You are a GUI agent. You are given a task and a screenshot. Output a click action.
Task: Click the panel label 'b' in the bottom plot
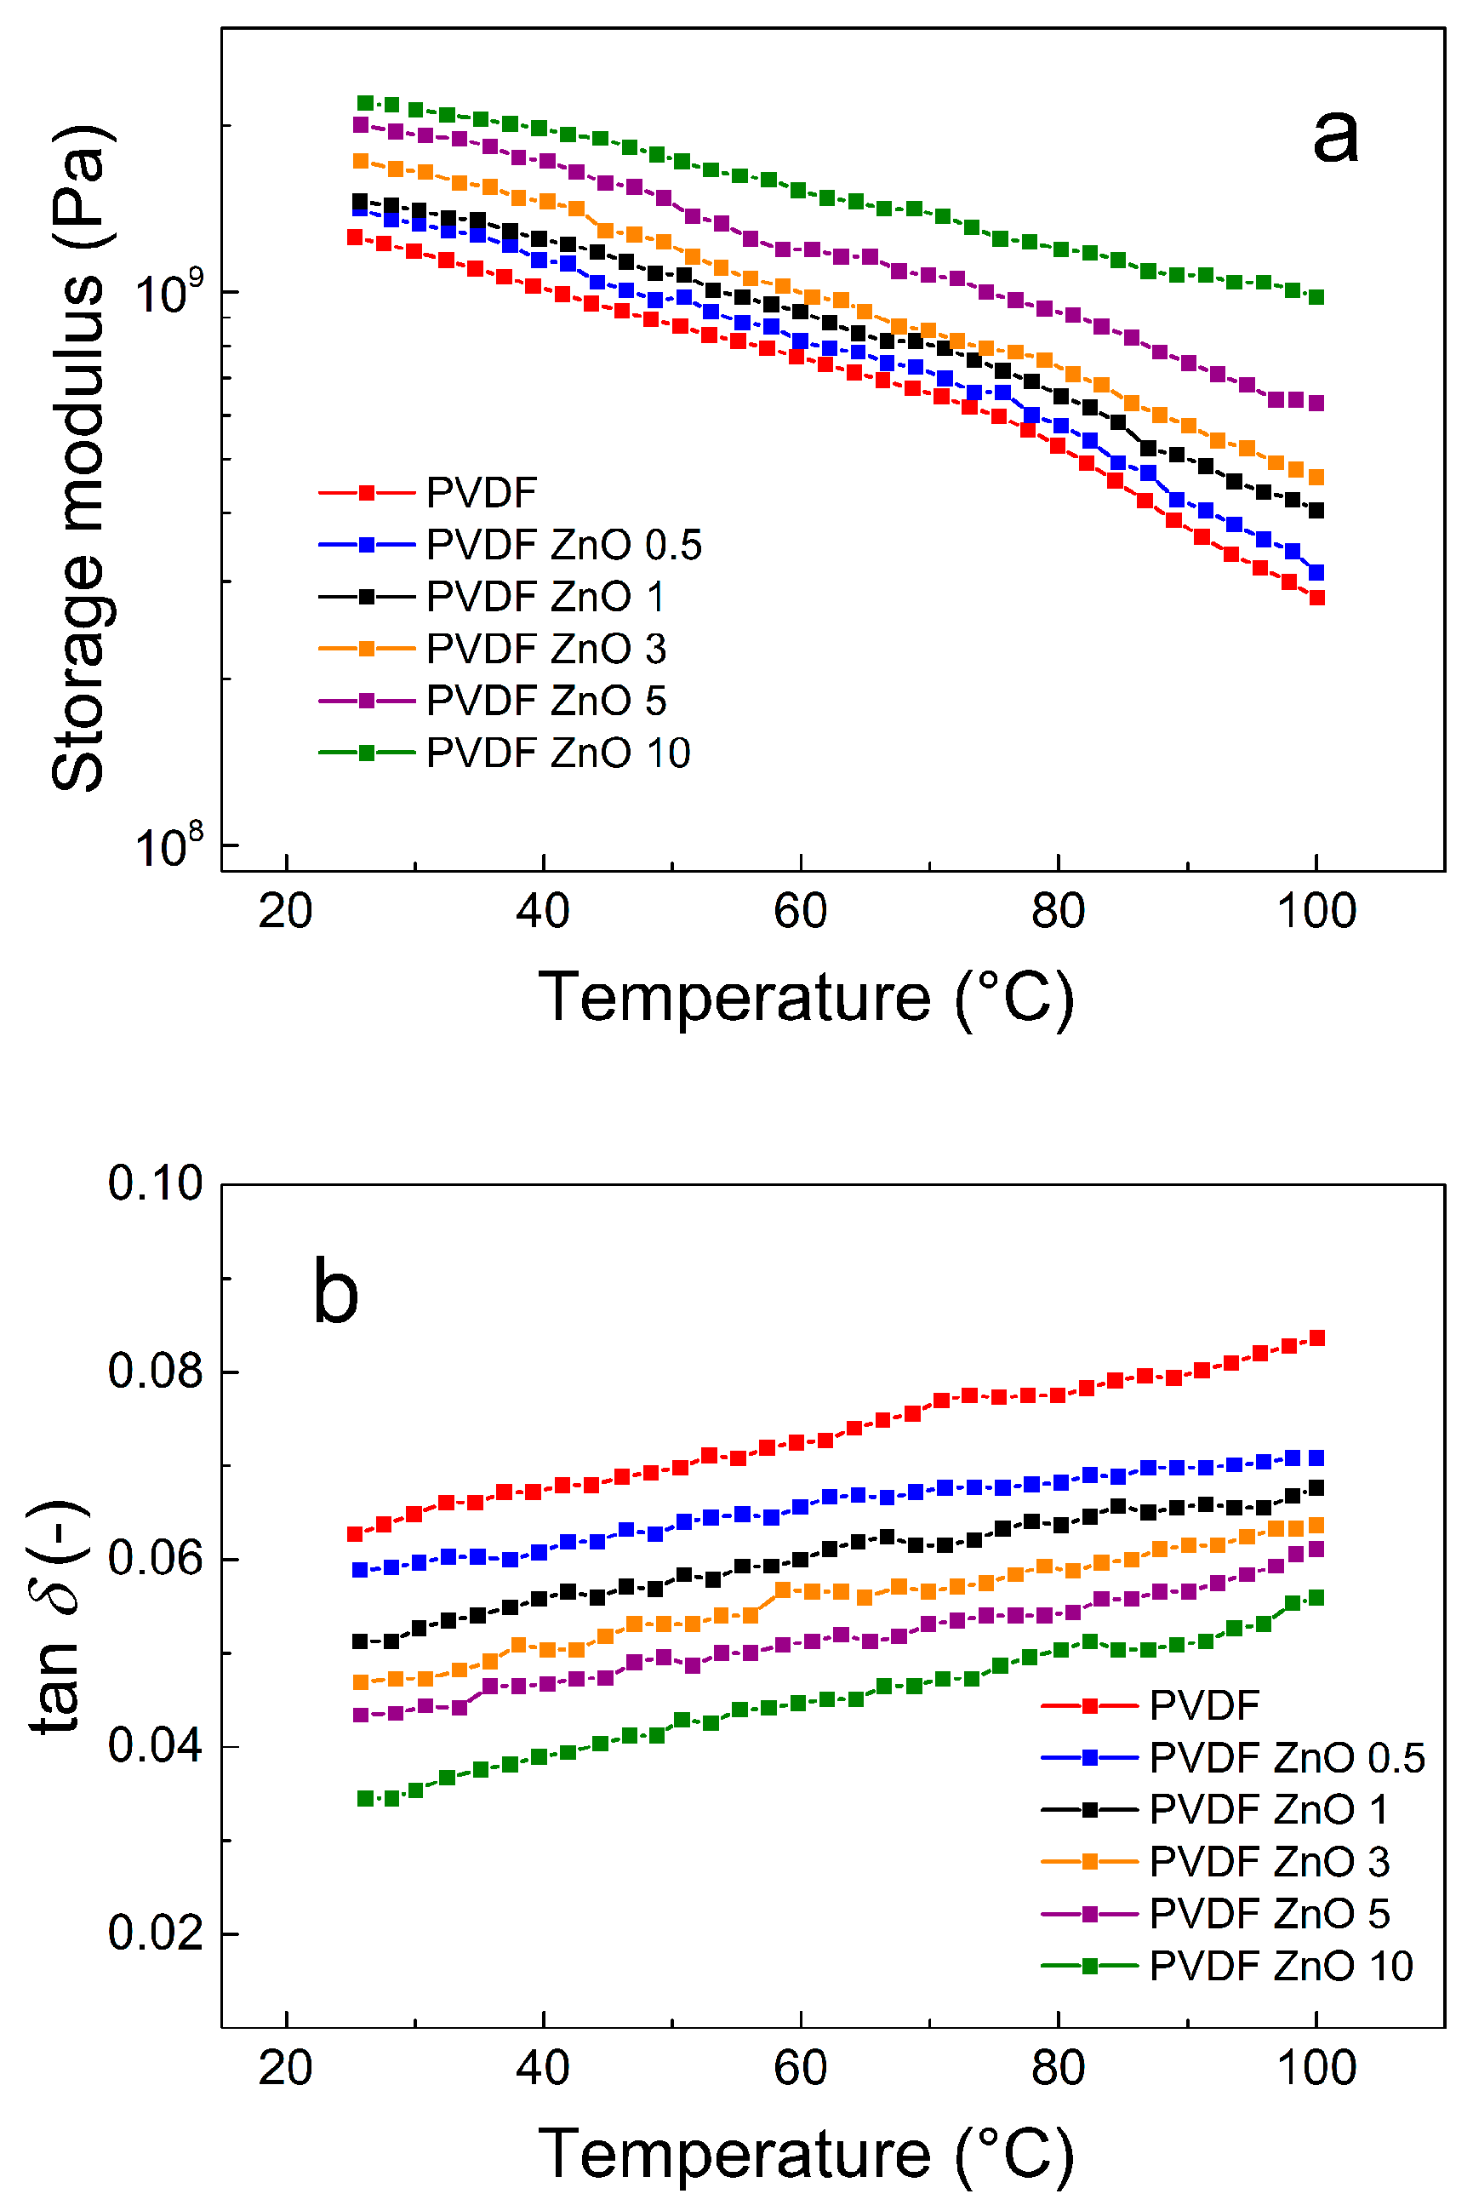click(335, 1293)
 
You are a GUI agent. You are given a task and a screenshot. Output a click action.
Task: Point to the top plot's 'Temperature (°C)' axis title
click(806, 998)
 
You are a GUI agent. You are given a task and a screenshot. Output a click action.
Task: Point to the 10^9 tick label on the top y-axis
click(169, 292)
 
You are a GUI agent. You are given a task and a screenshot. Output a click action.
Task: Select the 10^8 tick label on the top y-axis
click(169, 845)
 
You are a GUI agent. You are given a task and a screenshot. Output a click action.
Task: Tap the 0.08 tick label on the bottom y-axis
click(155, 1371)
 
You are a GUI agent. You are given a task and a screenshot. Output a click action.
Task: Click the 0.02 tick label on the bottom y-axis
click(155, 1933)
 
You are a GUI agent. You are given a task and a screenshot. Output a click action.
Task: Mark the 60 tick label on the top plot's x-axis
click(801, 912)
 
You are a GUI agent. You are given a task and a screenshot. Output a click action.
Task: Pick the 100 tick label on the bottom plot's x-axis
click(1316, 2068)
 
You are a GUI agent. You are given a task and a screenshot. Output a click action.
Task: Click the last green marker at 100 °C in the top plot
click(1317, 297)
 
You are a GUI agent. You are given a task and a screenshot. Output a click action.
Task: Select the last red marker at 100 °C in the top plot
click(1317, 598)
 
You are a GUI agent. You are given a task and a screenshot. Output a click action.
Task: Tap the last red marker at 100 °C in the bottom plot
click(1317, 1338)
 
